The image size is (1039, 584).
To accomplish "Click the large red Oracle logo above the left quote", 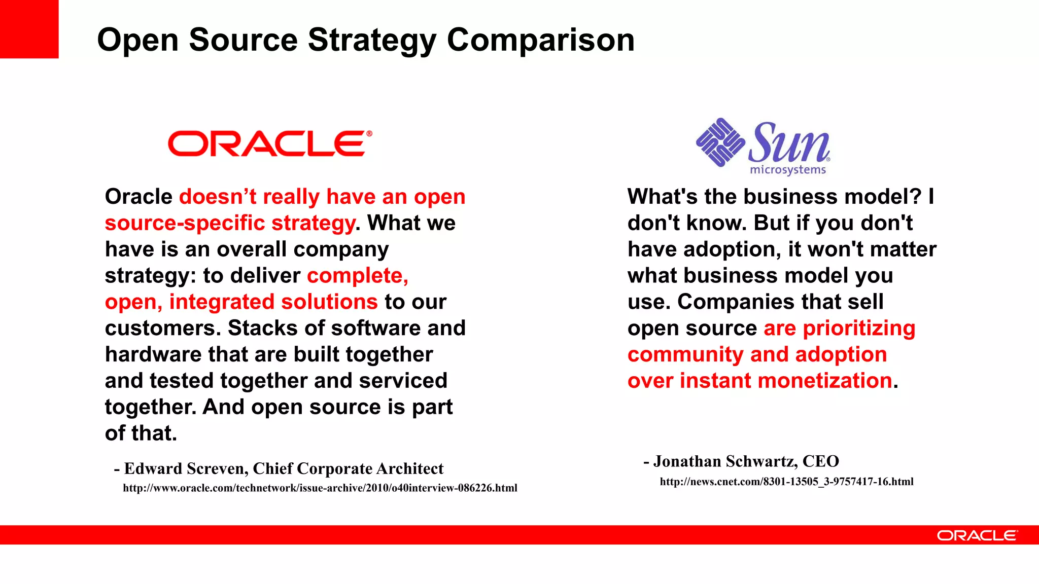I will click(x=269, y=143).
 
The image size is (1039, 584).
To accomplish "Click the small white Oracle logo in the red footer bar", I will click(x=977, y=535).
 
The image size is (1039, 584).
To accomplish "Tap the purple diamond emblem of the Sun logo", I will click(x=720, y=142).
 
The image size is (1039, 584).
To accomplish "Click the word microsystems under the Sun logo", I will click(x=788, y=170).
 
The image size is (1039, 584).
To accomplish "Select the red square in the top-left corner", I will click(x=29, y=29).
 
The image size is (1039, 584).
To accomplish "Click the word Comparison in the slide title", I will click(x=540, y=40).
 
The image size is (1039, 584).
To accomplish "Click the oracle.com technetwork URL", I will click(x=320, y=488).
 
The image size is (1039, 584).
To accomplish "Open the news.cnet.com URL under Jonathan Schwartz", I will click(x=786, y=482).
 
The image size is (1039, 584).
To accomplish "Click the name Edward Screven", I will click(x=186, y=469).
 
